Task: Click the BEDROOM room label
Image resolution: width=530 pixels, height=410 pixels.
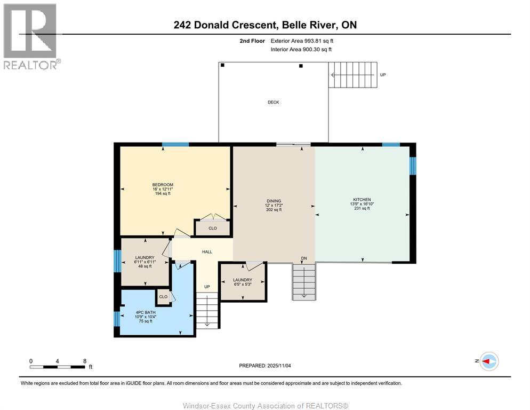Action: [x=163, y=185]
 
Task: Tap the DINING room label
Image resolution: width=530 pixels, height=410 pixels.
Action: [x=274, y=201]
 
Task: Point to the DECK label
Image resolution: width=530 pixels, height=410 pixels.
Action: [x=273, y=102]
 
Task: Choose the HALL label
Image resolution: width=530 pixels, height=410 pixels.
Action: [x=207, y=252]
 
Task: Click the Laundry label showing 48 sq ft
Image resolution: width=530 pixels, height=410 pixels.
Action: [x=144, y=257]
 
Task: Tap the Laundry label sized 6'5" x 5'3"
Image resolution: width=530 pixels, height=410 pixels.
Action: [x=243, y=280]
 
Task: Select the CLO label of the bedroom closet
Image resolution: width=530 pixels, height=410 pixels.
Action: [x=212, y=228]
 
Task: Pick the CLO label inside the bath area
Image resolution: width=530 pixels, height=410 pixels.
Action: [x=163, y=297]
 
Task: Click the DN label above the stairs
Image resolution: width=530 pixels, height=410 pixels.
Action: [x=304, y=258]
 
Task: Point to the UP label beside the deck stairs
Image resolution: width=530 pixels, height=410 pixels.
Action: [x=382, y=75]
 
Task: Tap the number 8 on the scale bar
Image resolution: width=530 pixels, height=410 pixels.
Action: [x=85, y=361]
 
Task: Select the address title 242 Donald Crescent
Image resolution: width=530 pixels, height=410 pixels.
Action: [x=264, y=25]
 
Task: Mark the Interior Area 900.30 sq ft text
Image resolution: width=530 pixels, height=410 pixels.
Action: [x=301, y=49]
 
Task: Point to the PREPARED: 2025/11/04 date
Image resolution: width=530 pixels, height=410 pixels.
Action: [x=264, y=366]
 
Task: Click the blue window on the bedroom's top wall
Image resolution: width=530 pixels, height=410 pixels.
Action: [x=175, y=144]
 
